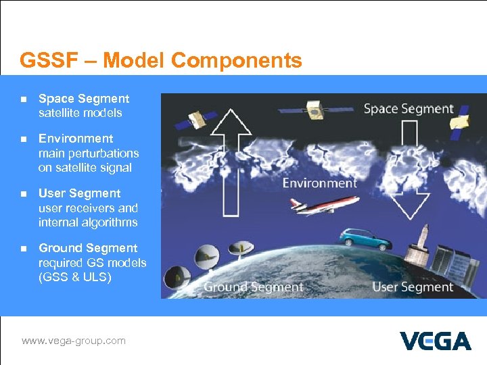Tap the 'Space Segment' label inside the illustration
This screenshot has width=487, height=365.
click(x=409, y=109)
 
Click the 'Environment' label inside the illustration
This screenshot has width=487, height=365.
click(x=319, y=183)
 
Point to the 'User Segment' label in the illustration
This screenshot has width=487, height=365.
click(x=413, y=287)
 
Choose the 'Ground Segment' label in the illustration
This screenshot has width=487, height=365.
click(x=253, y=287)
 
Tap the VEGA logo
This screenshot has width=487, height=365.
click(x=435, y=341)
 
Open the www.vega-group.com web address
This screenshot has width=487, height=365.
click(x=74, y=341)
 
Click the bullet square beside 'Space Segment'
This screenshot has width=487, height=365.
click(x=22, y=99)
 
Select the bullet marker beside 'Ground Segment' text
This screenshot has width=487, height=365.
click(x=22, y=249)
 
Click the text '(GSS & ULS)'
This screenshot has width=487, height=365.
click(x=74, y=277)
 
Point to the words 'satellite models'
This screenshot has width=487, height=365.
click(x=80, y=113)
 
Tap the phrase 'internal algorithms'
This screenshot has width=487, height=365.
click(x=88, y=222)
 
